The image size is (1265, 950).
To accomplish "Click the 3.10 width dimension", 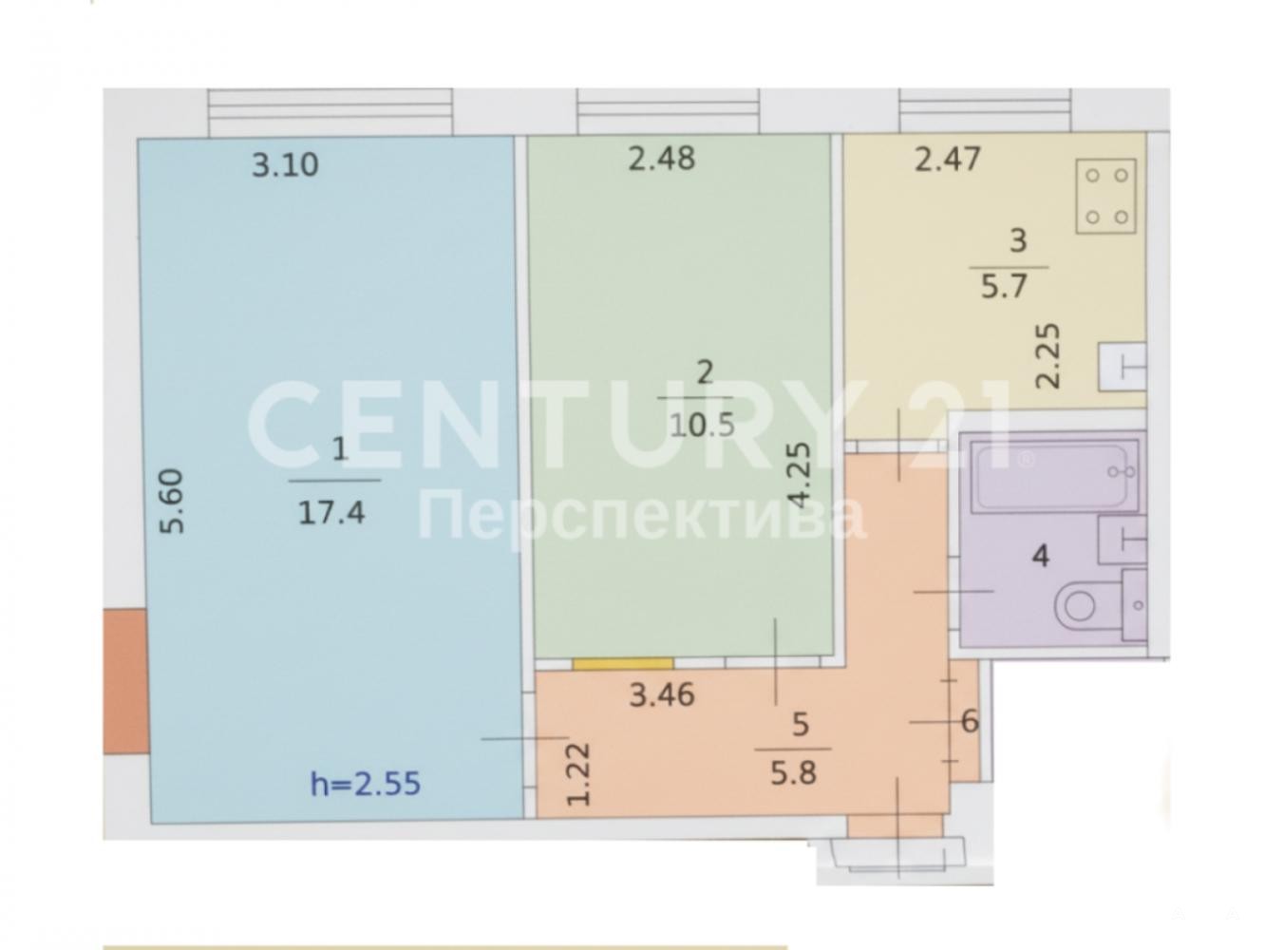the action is pyautogui.click(x=285, y=165).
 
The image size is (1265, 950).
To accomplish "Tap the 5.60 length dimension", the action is pyautogui.click(x=172, y=503).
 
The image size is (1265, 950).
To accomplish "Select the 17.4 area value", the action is pyautogui.click(x=330, y=512).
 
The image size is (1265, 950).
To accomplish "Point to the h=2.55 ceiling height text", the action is pyautogui.click(x=366, y=784).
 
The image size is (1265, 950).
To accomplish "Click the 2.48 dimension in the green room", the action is pyautogui.click(x=661, y=159).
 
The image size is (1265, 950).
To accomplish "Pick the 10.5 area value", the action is pyautogui.click(x=702, y=426).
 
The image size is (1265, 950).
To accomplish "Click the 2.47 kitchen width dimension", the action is pyautogui.click(x=947, y=159).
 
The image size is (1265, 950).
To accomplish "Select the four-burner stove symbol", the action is pyautogui.click(x=1105, y=196).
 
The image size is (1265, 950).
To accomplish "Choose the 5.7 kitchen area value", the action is pyautogui.click(x=1004, y=286).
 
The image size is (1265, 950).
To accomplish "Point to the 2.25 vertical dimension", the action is pyautogui.click(x=1048, y=355).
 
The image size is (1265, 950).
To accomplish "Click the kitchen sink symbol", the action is pyautogui.click(x=1122, y=368).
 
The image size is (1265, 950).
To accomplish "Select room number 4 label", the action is pyautogui.click(x=1040, y=557).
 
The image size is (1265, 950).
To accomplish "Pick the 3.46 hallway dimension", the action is pyautogui.click(x=661, y=695).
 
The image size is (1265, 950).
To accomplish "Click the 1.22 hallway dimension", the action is pyautogui.click(x=578, y=773).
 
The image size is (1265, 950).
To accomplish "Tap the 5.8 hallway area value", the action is pyautogui.click(x=793, y=773).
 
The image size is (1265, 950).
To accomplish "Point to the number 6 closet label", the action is pyautogui.click(x=970, y=721).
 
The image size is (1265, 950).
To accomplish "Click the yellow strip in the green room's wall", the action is pyautogui.click(x=622, y=663).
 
